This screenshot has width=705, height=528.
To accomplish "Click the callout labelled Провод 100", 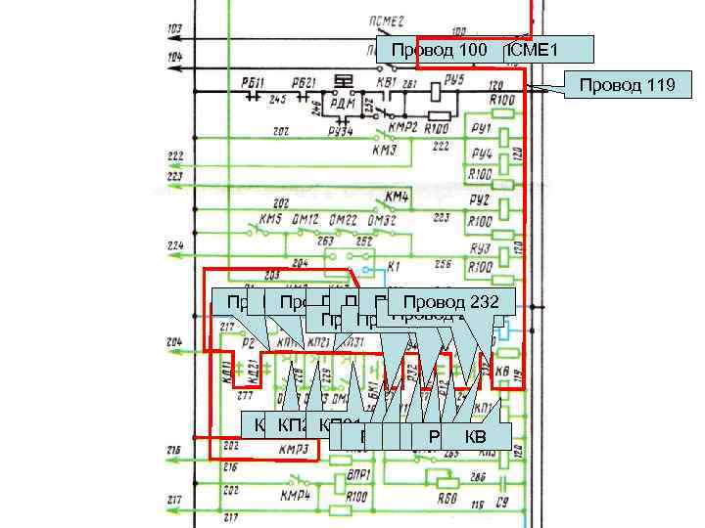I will click(440, 50).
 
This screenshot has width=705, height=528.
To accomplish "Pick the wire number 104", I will click(174, 58).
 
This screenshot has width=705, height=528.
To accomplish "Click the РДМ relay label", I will click(342, 105).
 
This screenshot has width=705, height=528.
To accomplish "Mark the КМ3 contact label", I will click(384, 151).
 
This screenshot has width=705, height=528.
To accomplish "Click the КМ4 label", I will click(397, 196).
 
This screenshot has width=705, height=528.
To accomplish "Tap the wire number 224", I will click(175, 244).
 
